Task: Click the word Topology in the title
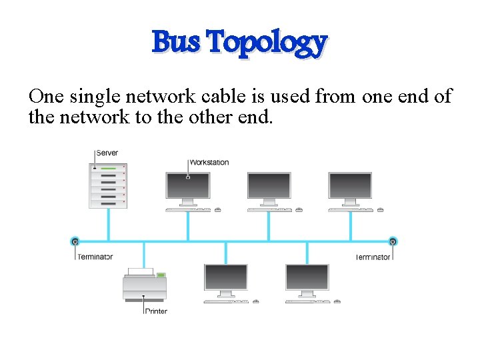click(x=267, y=43)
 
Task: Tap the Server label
click(x=107, y=153)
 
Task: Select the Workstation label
click(x=209, y=162)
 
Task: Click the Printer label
click(x=156, y=311)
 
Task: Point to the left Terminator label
click(x=95, y=257)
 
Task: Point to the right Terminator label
click(x=373, y=257)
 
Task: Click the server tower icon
click(x=108, y=185)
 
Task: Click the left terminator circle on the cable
click(x=75, y=241)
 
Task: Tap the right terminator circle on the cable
click(x=393, y=241)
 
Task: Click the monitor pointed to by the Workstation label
click(x=188, y=186)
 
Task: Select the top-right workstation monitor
click(x=350, y=186)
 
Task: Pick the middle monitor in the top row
click(x=269, y=186)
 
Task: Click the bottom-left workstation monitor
click(x=226, y=277)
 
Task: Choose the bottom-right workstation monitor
click(x=307, y=277)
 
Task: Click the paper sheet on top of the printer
click(x=141, y=271)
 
